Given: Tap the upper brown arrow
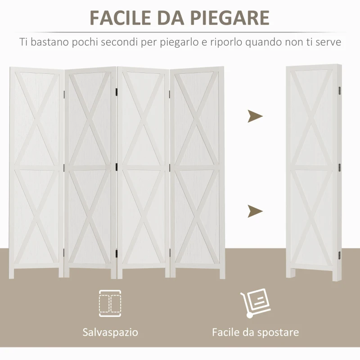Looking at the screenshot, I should (255, 117).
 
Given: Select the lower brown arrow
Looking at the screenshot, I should (255, 210).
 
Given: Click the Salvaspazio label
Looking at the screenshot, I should (110, 333).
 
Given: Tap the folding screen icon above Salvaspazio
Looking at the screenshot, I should (110, 303).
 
